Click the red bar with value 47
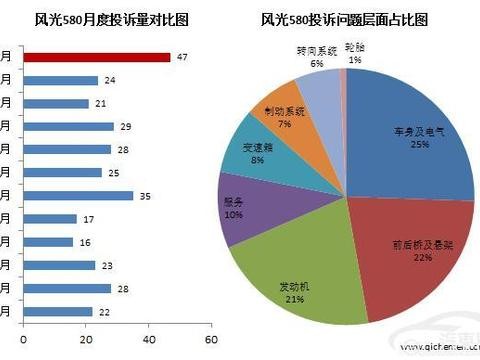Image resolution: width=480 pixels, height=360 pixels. tap(96, 57)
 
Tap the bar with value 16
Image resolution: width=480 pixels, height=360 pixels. tap(48, 242)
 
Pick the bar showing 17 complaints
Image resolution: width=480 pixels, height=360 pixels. tap(50, 219)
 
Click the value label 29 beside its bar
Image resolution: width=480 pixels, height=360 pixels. tap(125, 127)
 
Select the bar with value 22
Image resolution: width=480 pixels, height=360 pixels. tap(58, 311)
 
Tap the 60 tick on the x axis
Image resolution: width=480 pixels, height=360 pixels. tap(211, 340)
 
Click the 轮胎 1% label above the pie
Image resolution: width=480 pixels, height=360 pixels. tap(355, 52)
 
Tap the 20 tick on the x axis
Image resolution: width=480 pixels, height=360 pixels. tap(86, 340)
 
